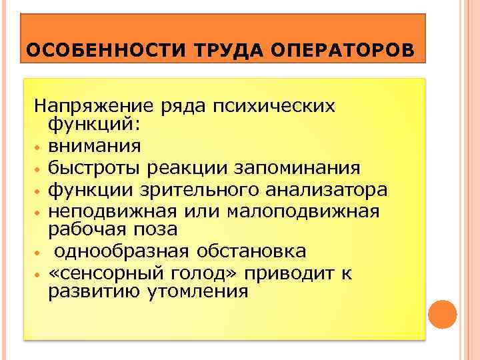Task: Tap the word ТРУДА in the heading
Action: coord(215,51)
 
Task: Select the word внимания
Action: coord(94,145)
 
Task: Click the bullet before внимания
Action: coord(39,146)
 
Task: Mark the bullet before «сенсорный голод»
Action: coord(39,275)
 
